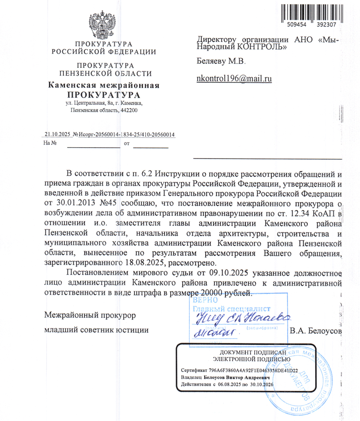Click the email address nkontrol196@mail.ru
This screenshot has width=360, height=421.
click(x=235, y=78)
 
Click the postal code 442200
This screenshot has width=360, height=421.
click(x=129, y=110)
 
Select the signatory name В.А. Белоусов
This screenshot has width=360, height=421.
click(x=317, y=330)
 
